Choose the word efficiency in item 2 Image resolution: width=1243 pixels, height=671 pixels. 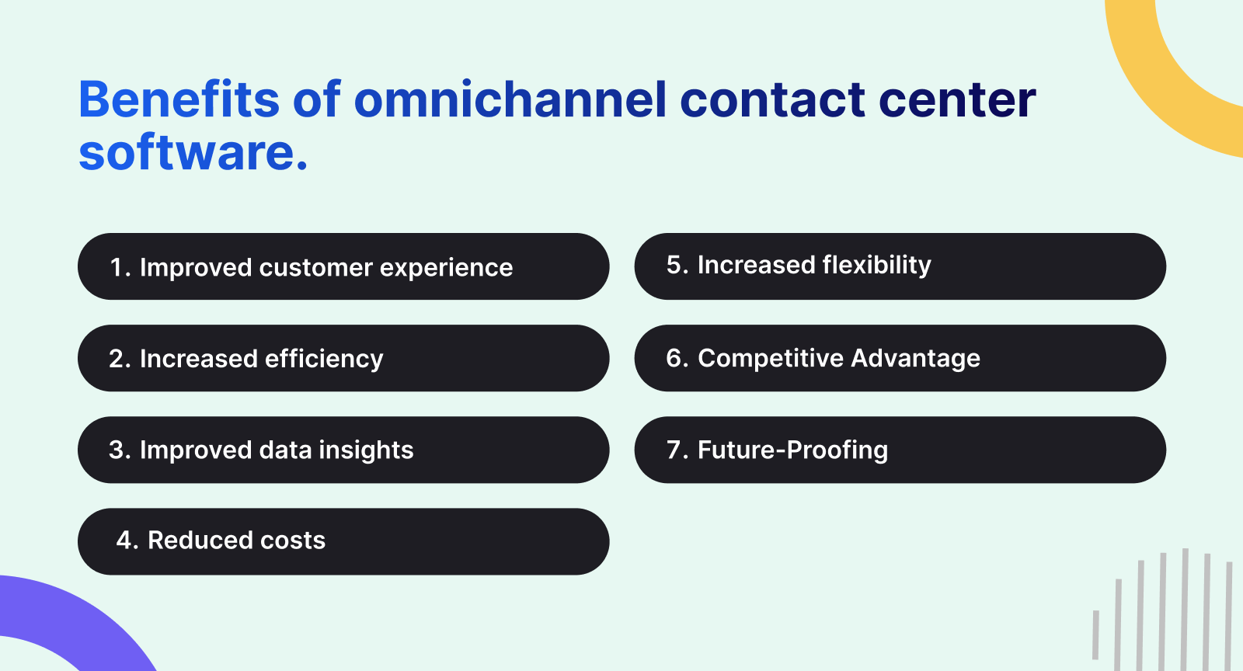324,359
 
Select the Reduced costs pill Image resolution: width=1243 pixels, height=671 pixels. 343,541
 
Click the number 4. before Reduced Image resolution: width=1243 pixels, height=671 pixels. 127,541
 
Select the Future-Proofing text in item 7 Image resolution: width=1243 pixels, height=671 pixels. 792,450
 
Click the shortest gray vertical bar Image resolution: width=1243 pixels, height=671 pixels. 1096,634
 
